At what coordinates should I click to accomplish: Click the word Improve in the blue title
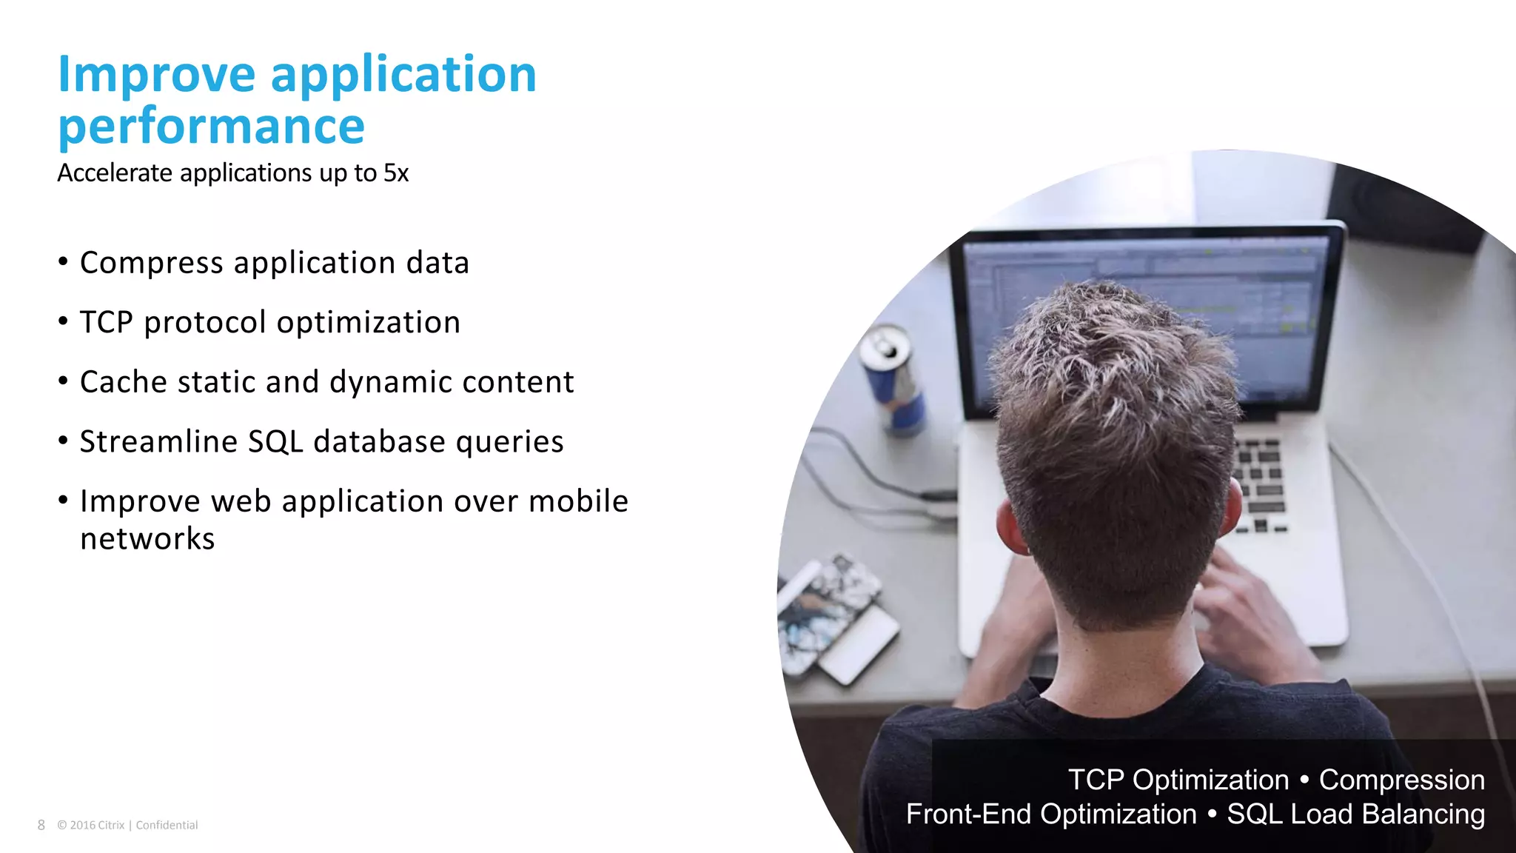tap(156, 76)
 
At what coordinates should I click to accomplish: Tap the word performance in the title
tap(211, 127)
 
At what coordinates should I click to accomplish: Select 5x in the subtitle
tap(396, 173)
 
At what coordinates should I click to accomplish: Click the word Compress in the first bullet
tap(151, 264)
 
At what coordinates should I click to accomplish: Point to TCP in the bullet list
tap(106, 323)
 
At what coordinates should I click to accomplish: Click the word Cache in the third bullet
tap(123, 382)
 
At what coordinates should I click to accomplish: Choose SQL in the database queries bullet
tap(275, 442)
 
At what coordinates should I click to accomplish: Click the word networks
tap(147, 539)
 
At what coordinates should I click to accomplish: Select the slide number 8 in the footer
tap(41, 825)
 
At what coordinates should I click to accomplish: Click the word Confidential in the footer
tap(167, 825)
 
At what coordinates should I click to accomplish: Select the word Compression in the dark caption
tap(1401, 780)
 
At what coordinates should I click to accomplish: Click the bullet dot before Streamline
tap(64, 441)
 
